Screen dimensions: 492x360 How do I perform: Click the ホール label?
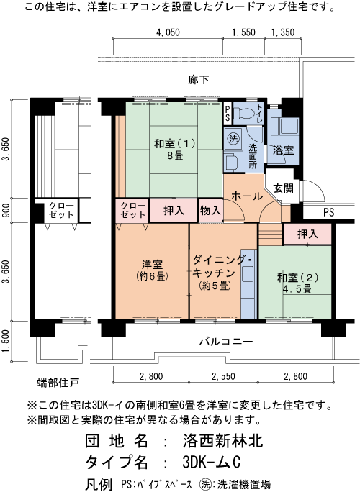pyautogui.click(x=248, y=195)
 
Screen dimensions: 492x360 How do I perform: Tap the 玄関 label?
pyautogui.click(x=283, y=188)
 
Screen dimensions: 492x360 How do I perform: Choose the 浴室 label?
pyautogui.click(x=283, y=151)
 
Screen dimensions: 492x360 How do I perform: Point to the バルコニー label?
pyautogui.click(x=226, y=342)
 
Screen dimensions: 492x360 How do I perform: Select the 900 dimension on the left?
pyautogui.click(x=6, y=210)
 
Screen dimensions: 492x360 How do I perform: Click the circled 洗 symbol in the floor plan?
pyautogui.click(x=233, y=138)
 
